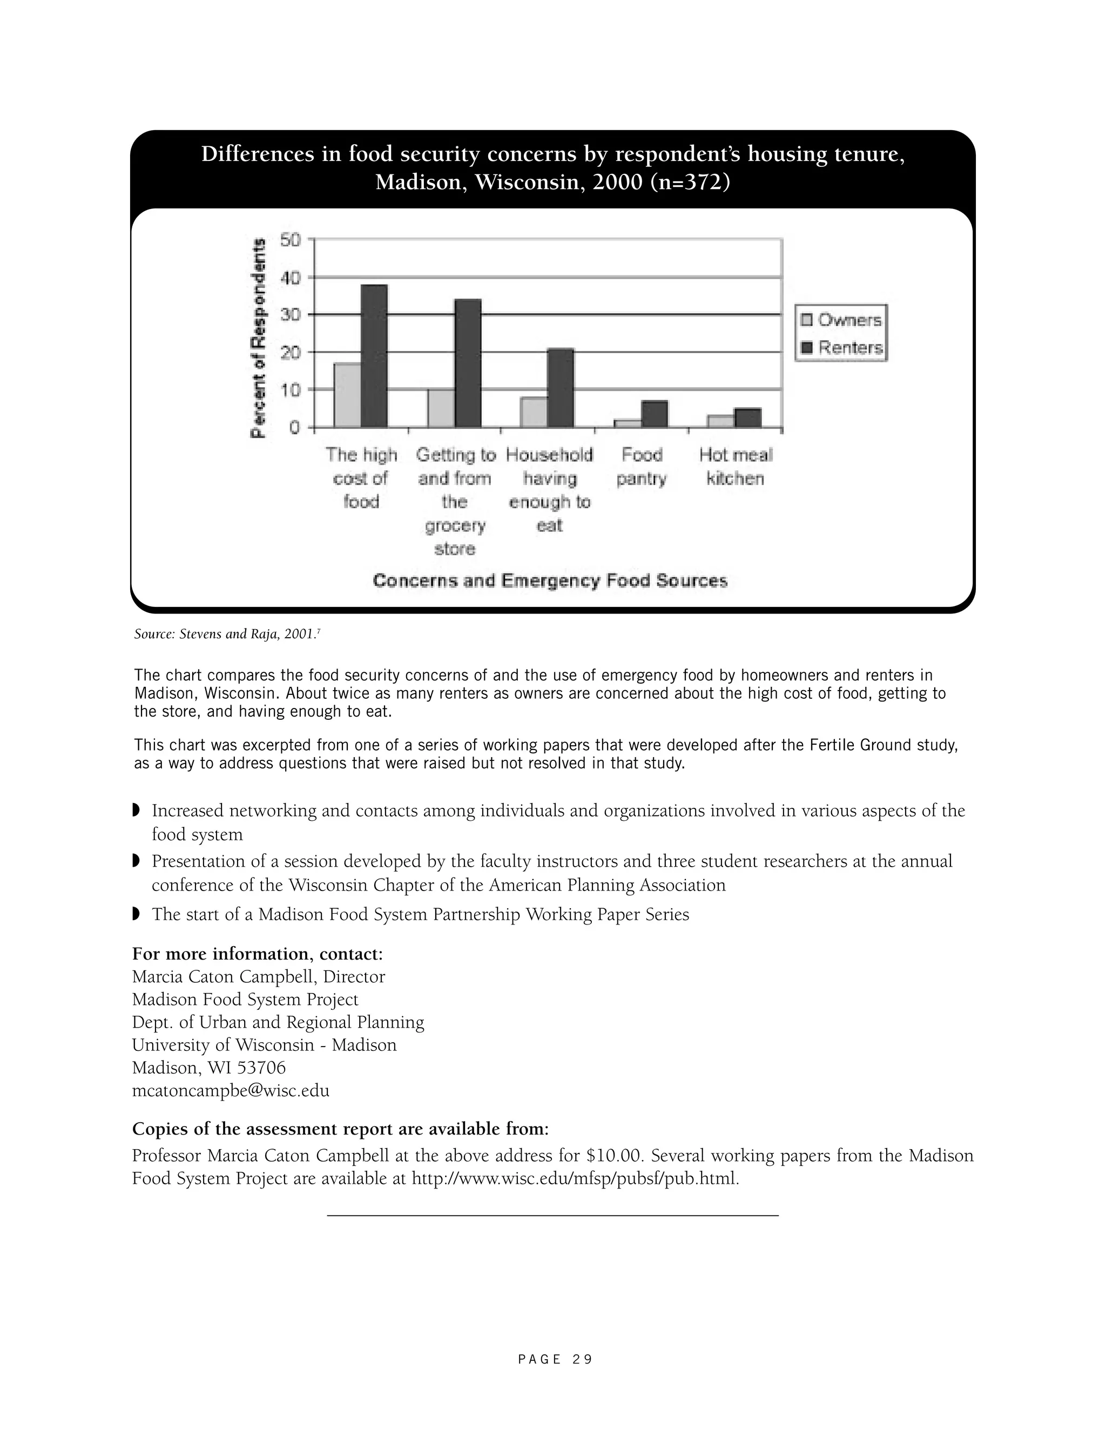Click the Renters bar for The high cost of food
tap(374, 356)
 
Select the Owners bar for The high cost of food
tap(347, 396)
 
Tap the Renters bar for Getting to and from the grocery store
tap(468, 363)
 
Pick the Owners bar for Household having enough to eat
tap(534, 413)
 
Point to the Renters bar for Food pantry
tap(655, 415)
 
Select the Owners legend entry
tap(841, 320)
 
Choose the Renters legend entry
tap(842, 348)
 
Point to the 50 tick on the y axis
tap(289, 240)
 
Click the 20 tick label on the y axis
tap(289, 353)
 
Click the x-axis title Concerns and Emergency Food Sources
tap(550, 581)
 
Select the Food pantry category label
tap(642, 467)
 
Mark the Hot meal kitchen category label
tap(735, 467)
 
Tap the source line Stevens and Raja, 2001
tap(226, 634)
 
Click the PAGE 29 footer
tap(554, 1360)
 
